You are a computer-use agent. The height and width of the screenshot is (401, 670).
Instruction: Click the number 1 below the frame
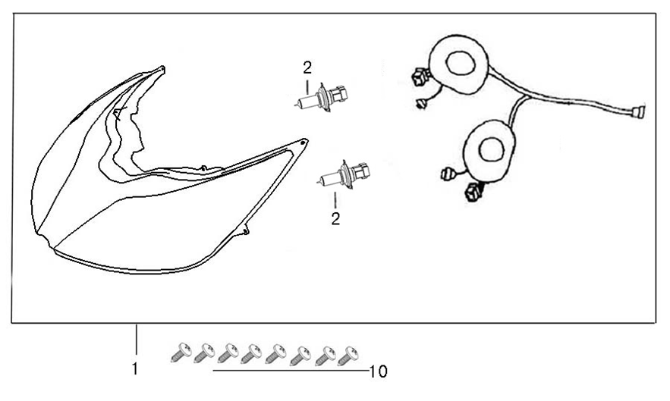tap(134, 370)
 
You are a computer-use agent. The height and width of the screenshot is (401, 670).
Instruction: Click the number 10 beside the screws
tap(377, 371)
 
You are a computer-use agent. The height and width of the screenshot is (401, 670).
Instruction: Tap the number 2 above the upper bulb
tap(307, 67)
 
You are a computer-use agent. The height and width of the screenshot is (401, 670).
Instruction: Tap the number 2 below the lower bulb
tap(335, 219)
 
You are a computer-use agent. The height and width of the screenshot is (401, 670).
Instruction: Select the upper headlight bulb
tap(317, 99)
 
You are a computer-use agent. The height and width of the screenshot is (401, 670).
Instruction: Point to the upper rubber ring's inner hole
tap(460, 64)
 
